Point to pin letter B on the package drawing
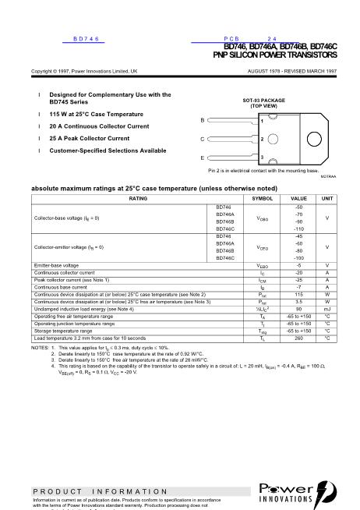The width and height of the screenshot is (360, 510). click(x=203, y=120)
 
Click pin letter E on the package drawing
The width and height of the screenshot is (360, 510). click(x=203, y=158)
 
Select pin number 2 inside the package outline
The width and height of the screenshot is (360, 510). click(x=263, y=139)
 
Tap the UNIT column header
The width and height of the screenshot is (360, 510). click(x=327, y=198)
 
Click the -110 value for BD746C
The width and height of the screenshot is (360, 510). click(x=298, y=228)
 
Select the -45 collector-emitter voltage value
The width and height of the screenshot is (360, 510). click(x=298, y=236)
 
